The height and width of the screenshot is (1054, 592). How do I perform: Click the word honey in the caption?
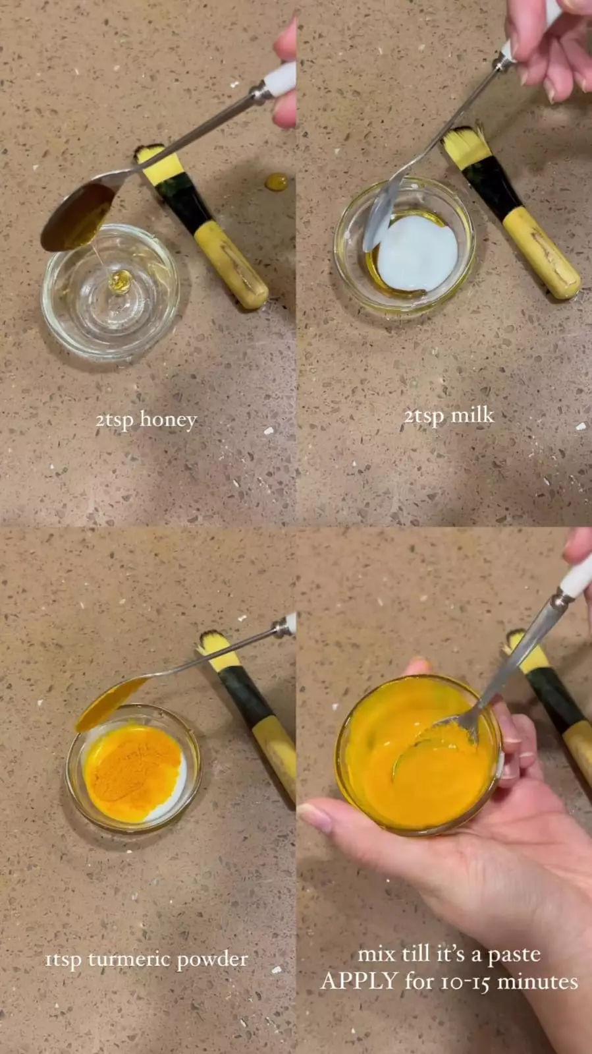click(169, 420)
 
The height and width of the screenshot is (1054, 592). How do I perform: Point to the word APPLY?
click(360, 981)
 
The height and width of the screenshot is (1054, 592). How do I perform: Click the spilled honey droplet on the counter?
click(276, 182)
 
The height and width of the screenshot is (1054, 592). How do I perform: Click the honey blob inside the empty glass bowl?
click(121, 281)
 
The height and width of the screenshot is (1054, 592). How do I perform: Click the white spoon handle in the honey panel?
click(281, 81)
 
